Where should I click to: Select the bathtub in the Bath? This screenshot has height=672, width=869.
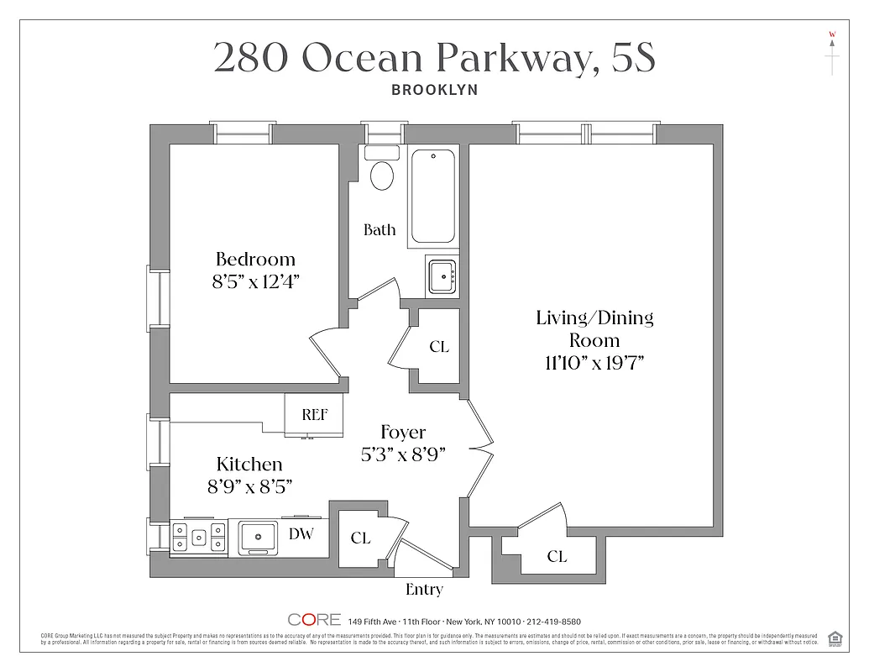[433, 197]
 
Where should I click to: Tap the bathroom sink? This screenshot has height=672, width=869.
[442, 276]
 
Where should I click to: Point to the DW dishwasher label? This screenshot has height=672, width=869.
[301, 532]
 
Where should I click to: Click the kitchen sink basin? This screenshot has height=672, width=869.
[258, 535]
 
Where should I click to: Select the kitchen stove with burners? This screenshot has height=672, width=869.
[199, 537]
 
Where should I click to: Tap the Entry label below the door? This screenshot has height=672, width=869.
[424, 589]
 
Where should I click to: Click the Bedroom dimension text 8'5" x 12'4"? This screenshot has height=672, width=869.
[255, 282]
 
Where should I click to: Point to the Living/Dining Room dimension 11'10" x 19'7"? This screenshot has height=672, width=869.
[594, 363]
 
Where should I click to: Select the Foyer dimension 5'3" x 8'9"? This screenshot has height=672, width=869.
[403, 454]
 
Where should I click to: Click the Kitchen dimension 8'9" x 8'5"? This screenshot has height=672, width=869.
[249, 486]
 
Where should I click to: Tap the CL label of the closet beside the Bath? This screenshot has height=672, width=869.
[438, 347]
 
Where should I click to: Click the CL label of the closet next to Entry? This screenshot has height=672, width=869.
[360, 538]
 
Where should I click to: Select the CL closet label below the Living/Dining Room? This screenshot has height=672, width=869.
[557, 556]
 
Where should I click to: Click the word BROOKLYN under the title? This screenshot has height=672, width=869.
[434, 90]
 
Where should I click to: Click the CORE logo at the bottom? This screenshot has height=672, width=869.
[314, 620]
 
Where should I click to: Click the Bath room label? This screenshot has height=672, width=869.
[380, 229]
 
